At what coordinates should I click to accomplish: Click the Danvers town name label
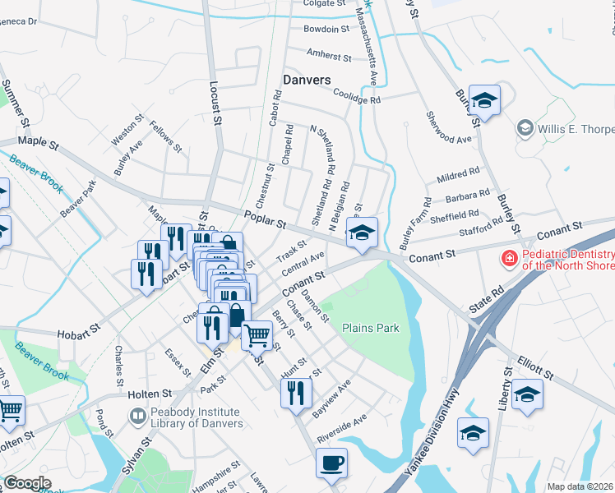306,80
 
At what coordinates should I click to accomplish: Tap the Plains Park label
371,328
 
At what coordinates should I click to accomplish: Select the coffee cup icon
331,463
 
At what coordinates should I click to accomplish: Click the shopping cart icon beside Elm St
257,334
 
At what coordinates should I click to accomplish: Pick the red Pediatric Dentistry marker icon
510,260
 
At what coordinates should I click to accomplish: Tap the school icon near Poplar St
362,233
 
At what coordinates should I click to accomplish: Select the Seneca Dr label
21,21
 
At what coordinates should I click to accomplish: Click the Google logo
27,482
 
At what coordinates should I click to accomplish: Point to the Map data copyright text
580,486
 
